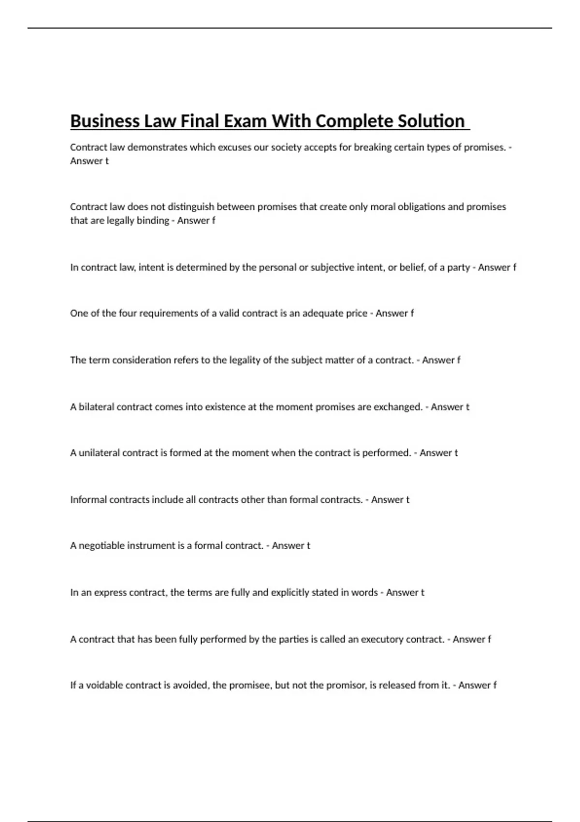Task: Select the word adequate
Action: (x=323, y=313)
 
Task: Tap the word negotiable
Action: (x=101, y=546)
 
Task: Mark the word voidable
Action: (x=104, y=685)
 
